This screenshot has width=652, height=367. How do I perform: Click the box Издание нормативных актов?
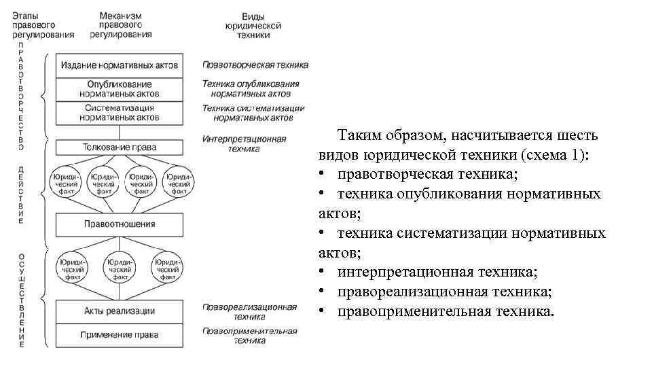(x=120, y=66)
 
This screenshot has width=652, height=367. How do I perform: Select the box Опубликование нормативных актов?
(x=120, y=89)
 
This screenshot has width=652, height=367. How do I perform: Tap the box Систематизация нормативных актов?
(x=120, y=112)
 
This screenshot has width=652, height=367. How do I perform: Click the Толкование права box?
(x=120, y=147)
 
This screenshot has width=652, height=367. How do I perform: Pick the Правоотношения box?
(x=120, y=224)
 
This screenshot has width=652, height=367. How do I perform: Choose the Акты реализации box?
(x=120, y=311)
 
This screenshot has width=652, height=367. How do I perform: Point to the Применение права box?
(x=120, y=334)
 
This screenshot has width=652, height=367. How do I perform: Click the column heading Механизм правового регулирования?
(x=120, y=24)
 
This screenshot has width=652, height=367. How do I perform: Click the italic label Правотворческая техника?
(x=255, y=65)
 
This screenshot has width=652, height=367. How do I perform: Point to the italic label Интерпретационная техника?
(x=244, y=143)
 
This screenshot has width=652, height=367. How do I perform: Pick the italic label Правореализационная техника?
(x=249, y=311)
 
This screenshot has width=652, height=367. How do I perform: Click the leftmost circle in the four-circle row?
(x=65, y=181)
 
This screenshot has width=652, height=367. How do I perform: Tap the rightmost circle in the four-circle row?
(x=176, y=181)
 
